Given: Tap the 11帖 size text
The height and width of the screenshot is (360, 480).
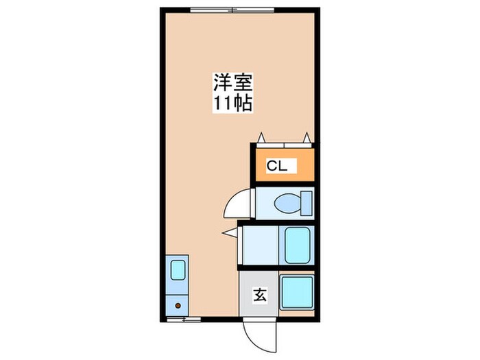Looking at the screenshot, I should click(232, 104).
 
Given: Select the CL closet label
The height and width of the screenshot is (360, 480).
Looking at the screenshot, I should click(278, 165).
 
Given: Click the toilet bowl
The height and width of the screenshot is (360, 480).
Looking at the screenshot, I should click(288, 203).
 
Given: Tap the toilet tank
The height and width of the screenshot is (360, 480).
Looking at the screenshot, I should click(307, 203).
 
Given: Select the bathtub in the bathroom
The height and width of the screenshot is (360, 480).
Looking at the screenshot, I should click(298, 245).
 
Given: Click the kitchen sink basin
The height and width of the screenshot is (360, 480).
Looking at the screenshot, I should click(178, 269).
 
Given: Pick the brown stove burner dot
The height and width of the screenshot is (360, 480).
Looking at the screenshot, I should click(178, 306).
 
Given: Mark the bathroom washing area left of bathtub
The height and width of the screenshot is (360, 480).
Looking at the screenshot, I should click(261, 245).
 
